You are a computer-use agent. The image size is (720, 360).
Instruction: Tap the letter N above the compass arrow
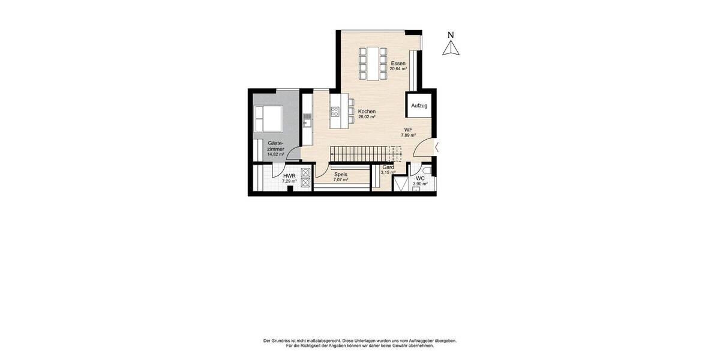[451, 35]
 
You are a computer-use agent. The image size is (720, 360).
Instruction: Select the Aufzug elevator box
[419, 106]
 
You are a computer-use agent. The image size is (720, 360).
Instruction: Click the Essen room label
[398, 63]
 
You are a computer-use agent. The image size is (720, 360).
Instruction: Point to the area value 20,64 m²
[398, 69]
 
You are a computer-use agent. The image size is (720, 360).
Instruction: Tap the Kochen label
[367, 112]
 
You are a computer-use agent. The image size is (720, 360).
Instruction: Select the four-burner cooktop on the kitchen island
[335, 111]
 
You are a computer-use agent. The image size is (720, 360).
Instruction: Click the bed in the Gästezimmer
[268, 118]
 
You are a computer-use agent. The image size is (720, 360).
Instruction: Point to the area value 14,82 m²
[276, 154]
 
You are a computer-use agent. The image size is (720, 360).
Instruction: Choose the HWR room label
[289, 176]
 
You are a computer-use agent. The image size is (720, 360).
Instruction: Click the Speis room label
[341, 174]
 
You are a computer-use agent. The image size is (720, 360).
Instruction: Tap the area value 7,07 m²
[341, 179]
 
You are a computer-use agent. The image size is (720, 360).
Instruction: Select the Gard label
[388, 167]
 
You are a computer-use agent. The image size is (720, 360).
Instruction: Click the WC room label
[420, 178]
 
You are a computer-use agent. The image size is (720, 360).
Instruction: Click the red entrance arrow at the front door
[437, 146]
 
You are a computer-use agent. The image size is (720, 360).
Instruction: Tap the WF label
[408, 130]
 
